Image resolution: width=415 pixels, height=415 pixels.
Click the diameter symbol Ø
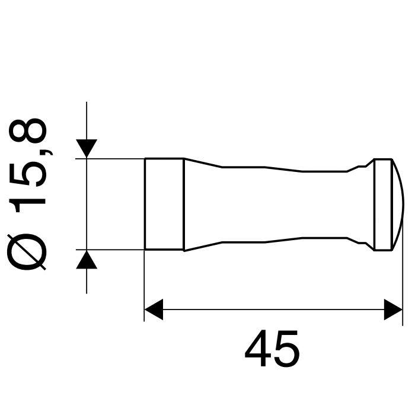(x=27, y=250)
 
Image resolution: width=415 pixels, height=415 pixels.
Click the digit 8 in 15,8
(x=28, y=134)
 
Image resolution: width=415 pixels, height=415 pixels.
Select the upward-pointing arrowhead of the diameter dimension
(x=87, y=259)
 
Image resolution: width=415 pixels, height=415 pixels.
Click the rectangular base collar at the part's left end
(x=164, y=204)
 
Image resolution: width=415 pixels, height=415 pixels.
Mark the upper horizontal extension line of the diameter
(x=116, y=158)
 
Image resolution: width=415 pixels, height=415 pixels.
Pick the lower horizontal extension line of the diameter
(x=116, y=250)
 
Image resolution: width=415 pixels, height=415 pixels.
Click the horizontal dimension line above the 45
(x=273, y=309)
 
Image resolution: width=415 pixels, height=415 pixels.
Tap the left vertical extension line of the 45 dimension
(x=145, y=285)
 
